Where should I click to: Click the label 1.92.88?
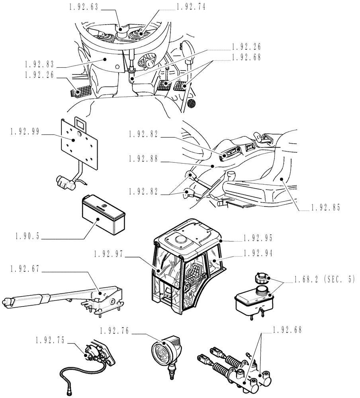(144, 158)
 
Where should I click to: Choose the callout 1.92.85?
(325, 207)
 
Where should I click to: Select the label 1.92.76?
(115, 330)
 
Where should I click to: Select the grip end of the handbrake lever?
(10, 303)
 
